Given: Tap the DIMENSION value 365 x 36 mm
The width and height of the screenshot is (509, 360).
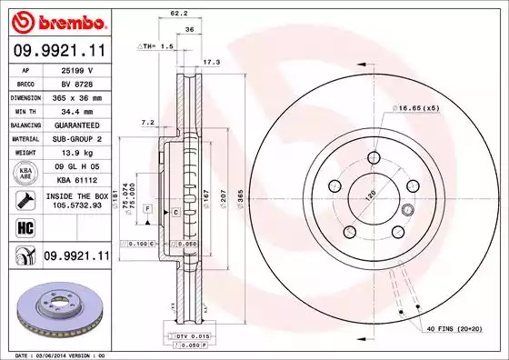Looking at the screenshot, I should point(76,95).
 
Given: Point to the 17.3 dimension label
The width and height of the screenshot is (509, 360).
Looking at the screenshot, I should point(211,62).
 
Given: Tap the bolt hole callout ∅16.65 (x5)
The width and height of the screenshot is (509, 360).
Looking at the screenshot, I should point(416,108).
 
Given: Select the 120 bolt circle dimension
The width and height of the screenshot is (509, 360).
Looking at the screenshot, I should point(371,195).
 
